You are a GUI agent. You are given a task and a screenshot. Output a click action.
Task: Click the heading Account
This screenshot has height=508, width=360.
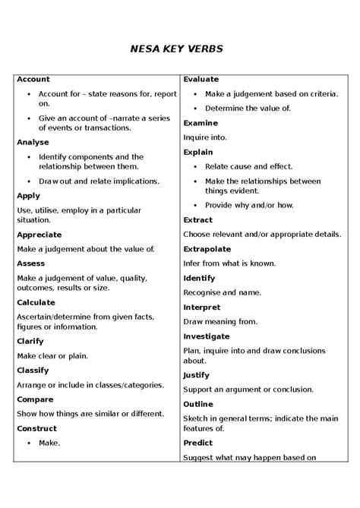[x=33, y=79]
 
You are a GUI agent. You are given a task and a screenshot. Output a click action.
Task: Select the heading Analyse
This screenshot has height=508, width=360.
[x=33, y=142]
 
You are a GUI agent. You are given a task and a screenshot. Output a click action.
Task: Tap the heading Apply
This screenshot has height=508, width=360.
[x=29, y=195]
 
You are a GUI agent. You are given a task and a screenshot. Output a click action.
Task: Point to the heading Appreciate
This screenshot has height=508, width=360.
[x=39, y=235]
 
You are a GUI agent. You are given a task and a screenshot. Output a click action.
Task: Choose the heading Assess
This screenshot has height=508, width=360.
[x=31, y=263]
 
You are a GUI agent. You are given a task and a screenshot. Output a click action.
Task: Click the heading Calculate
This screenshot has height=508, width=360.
[x=36, y=302]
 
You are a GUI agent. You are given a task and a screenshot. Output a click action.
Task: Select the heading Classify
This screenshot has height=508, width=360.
[x=33, y=370]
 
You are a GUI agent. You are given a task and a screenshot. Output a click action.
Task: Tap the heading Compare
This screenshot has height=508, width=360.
[x=35, y=399]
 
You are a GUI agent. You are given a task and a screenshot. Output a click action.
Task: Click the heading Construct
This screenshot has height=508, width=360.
[x=37, y=428]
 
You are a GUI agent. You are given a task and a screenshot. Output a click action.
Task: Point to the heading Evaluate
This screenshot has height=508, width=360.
[x=201, y=79]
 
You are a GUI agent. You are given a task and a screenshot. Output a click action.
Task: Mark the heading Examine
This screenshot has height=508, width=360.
[x=201, y=123]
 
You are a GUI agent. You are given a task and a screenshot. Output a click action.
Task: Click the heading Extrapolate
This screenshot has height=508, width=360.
[x=207, y=248]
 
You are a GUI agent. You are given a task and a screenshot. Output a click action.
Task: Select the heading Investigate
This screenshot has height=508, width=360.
[x=207, y=336]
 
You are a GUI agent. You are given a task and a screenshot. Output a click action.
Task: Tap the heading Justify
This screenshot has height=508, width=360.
[x=197, y=375]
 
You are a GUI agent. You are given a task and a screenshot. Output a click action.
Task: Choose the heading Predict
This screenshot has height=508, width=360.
[x=197, y=443]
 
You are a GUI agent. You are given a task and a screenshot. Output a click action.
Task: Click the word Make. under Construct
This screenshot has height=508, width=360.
[x=49, y=443]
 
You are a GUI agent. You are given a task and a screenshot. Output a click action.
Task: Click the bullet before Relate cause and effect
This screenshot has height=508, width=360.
[x=194, y=166]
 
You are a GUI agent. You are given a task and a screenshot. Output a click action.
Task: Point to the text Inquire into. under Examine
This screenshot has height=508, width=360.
[x=202, y=137]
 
